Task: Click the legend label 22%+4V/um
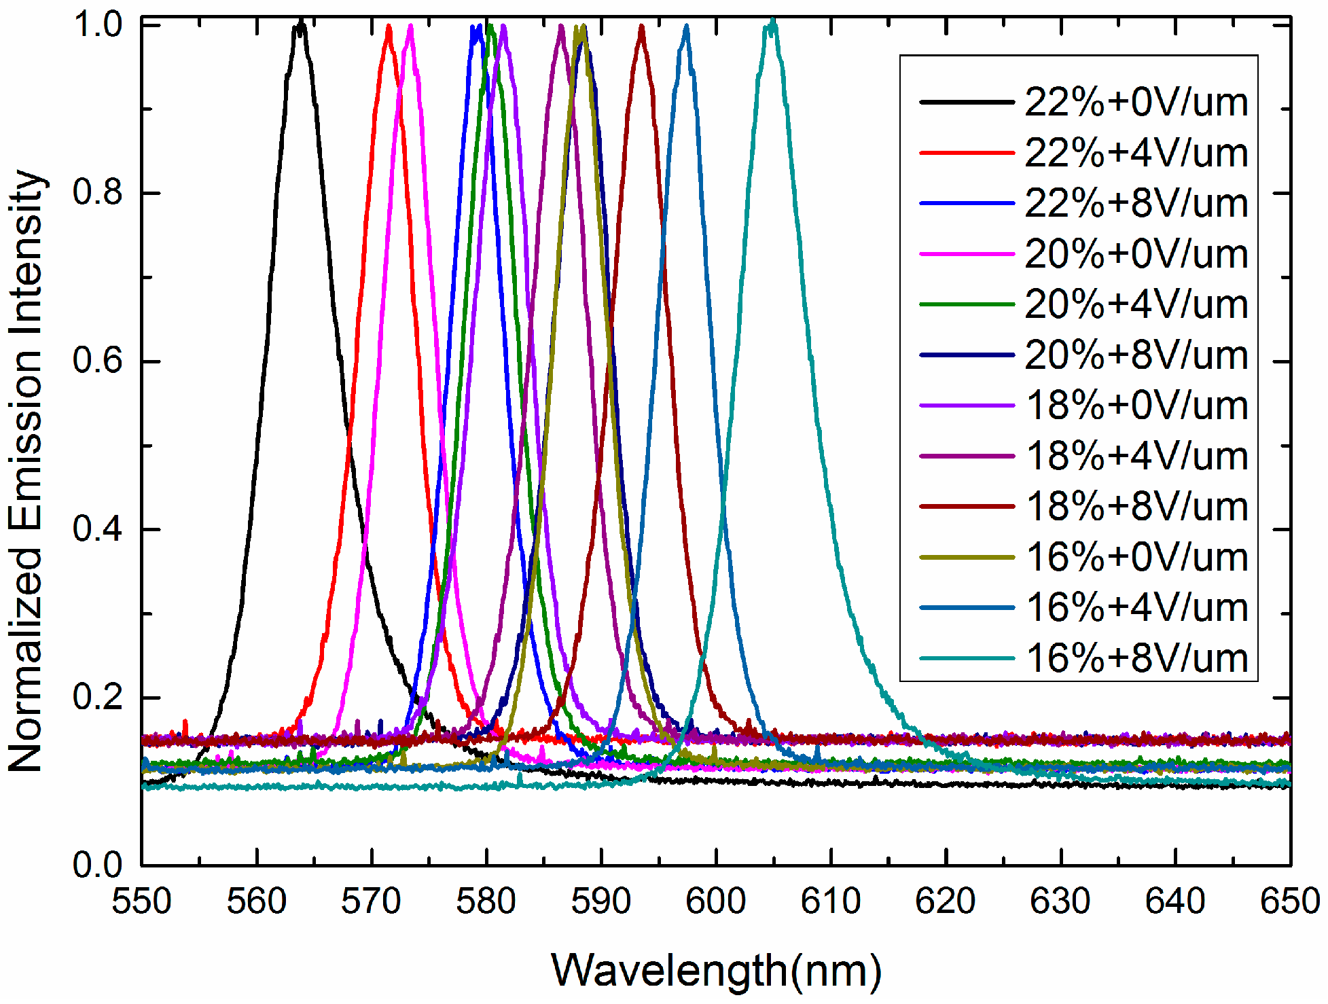pyautogui.click(x=1136, y=153)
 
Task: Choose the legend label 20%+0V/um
pyautogui.click(x=1136, y=254)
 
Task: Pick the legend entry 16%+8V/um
pyautogui.click(x=1136, y=658)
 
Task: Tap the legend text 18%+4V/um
pyautogui.click(x=1136, y=456)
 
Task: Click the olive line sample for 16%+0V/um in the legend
pyautogui.click(x=967, y=558)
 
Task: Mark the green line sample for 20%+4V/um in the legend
pyautogui.click(x=967, y=305)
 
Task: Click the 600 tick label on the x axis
pyautogui.click(x=715, y=901)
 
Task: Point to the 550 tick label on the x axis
pyautogui.click(x=141, y=901)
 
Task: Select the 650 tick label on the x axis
pyautogui.click(x=1289, y=901)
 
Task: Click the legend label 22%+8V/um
pyautogui.click(x=1136, y=203)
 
